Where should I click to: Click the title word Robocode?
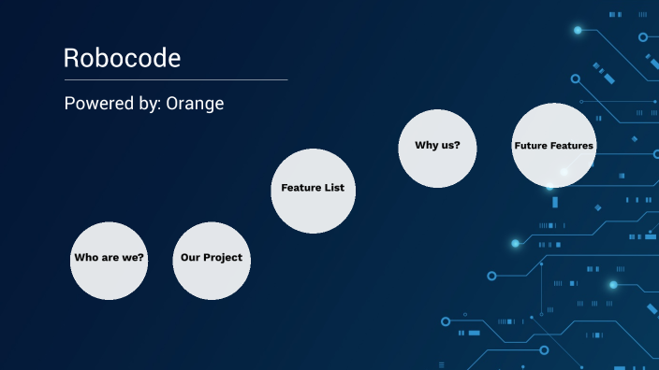coord(122,58)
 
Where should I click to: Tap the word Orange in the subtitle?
coord(195,104)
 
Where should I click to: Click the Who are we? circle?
coord(110,261)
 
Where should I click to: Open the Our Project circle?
coord(212,261)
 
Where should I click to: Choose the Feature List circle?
coord(313,191)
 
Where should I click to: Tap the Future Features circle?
coord(553,146)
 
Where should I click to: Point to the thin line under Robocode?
coord(175,80)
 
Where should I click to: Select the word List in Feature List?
coord(333,188)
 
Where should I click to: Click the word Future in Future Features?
coord(532,146)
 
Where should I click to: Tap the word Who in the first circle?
coord(86,258)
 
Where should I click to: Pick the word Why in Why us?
coord(427,146)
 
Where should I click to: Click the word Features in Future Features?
coord(572,146)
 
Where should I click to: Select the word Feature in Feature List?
coord(300,188)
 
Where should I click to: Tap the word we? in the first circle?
coord(133,258)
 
